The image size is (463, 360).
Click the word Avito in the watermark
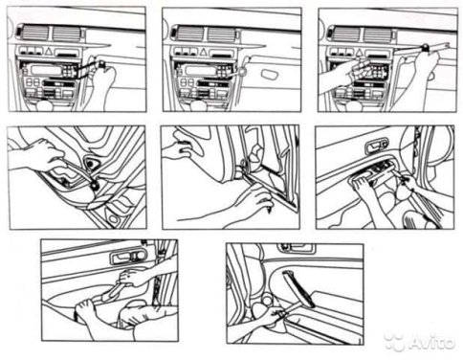coord(431,342)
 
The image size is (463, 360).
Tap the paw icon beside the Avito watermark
coord(394,342)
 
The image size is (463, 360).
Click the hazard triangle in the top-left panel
coord(49,51)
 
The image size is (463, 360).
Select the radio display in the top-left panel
coord(47,70)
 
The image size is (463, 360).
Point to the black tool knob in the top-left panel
coord(101,64)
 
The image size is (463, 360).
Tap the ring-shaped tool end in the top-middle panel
coord(242,72)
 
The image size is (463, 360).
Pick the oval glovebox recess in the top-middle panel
coord(270,75)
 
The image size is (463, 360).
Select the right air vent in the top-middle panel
coord(222,34)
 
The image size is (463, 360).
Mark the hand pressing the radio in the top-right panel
coord(346,74)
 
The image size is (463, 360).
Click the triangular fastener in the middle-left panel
coord(91,163)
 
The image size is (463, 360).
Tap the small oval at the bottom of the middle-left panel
coord(113,218)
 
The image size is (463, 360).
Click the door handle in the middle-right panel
coord(376,146)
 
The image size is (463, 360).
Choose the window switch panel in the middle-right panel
coord(381,168)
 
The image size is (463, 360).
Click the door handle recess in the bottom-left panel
coord(129,257)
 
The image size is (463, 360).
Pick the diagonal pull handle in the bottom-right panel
coord(298,288)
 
